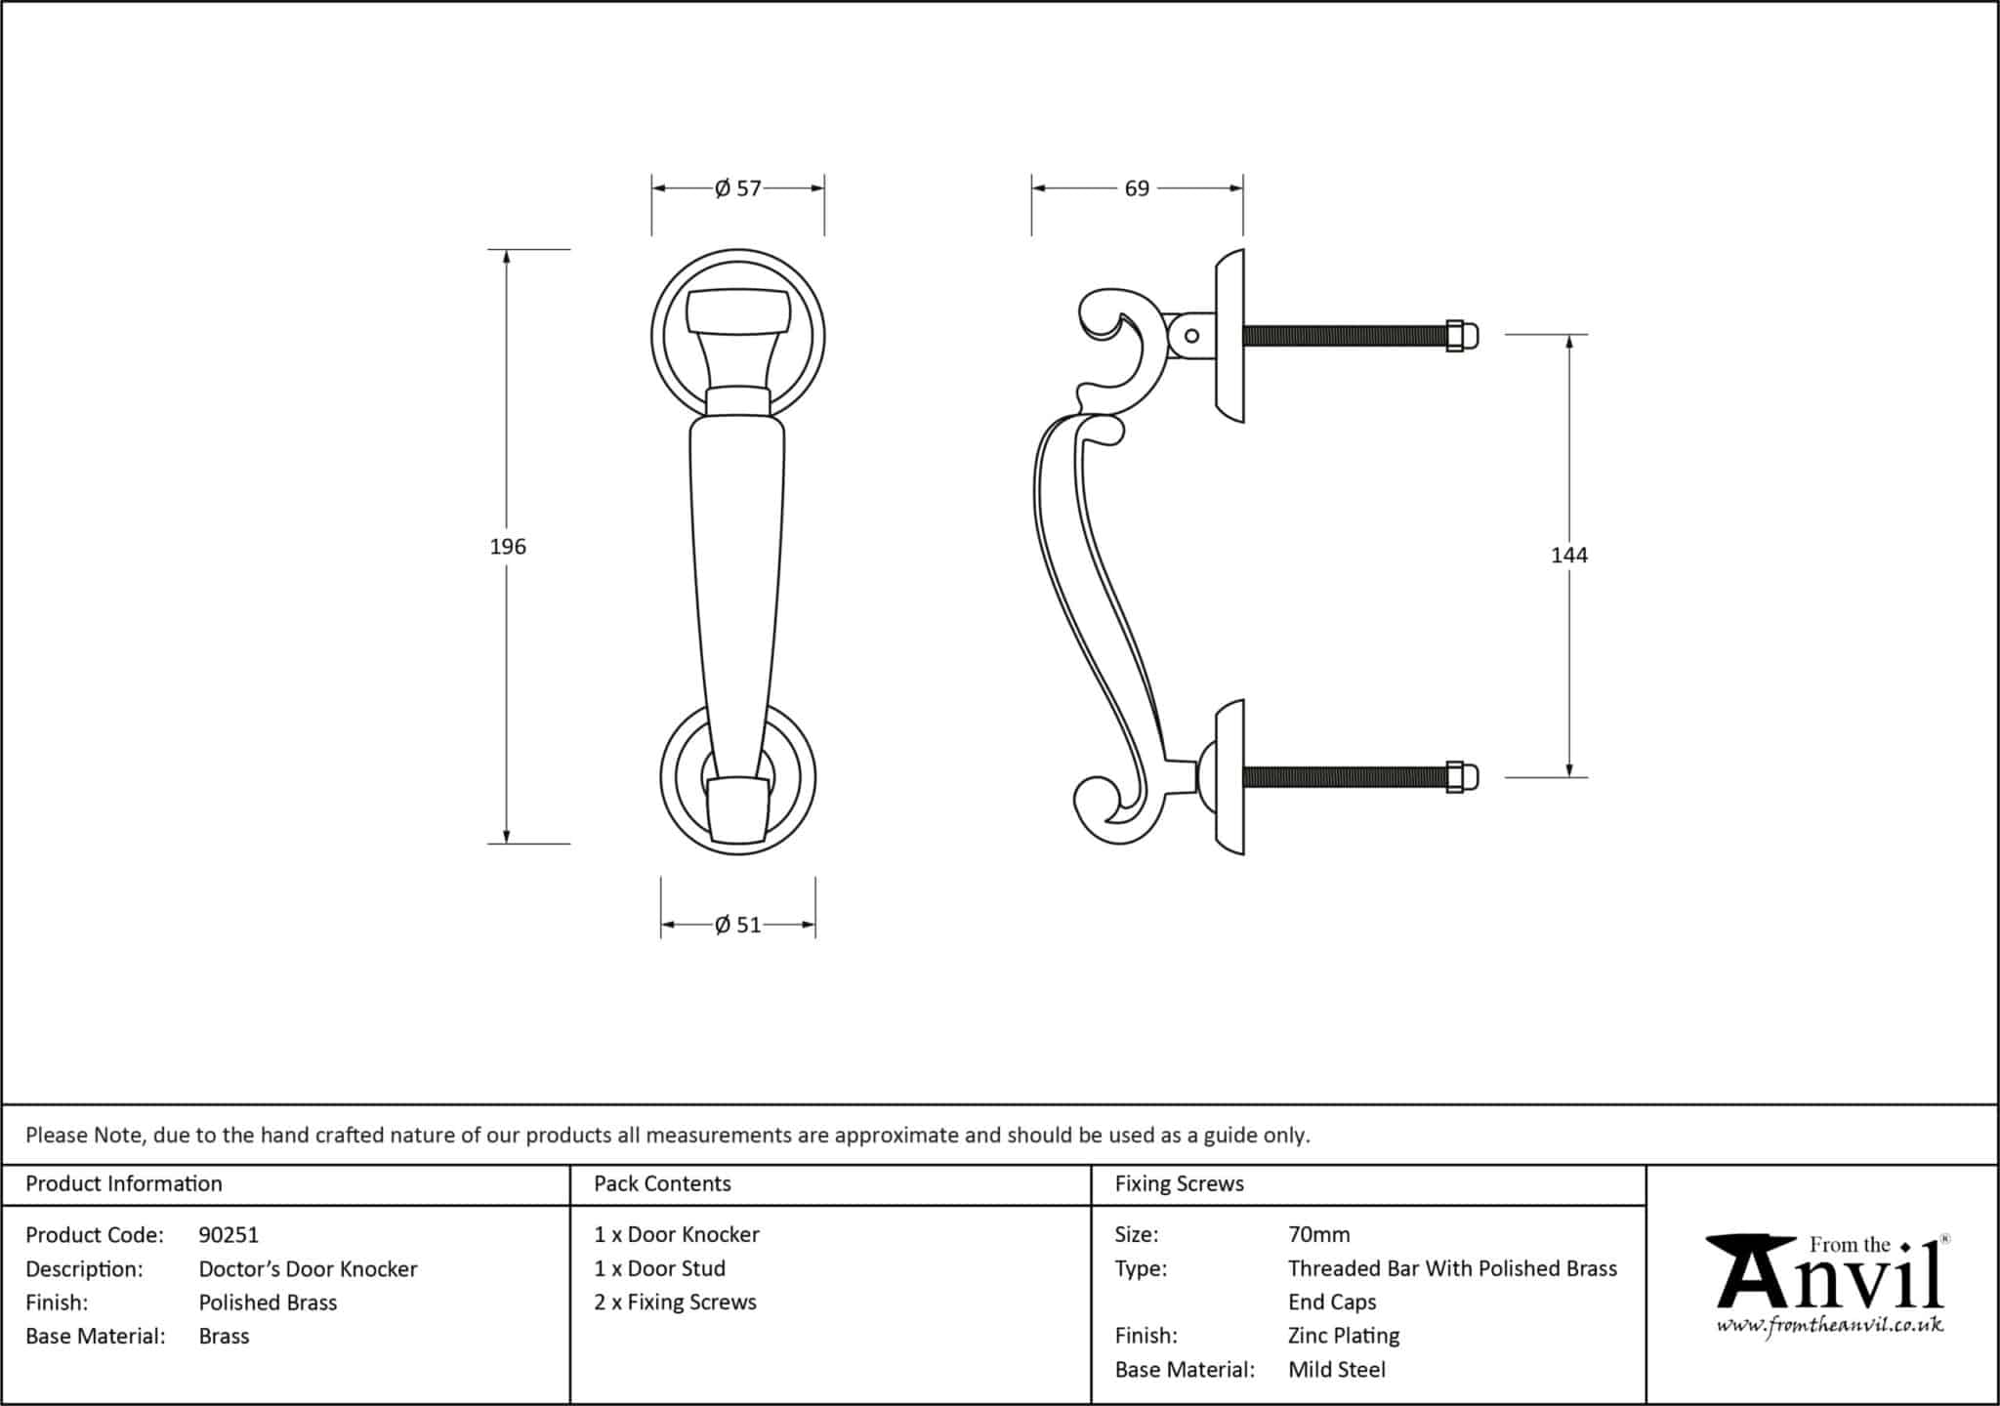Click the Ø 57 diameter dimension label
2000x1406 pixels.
point(737,188)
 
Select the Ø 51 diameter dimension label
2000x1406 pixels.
point(737,925)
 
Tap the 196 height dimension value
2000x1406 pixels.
point(508,547)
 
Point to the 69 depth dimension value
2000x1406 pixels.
point(1137,188)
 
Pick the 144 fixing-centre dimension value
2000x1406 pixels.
point(1568,556)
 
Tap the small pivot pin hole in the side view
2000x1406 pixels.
point(1191,336)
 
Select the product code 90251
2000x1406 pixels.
point(229,1235)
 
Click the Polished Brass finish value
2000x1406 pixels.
point(268,1303)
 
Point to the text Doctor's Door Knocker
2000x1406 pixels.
point(308,1269)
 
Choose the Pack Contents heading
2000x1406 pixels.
point(662,1183)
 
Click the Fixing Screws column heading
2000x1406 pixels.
point(1179,1183)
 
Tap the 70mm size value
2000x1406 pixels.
point(1318,1235)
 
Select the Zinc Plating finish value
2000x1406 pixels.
point(1344,1336)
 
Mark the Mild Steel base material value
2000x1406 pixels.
point(1336,1370)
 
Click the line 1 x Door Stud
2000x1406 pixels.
point(659,1268)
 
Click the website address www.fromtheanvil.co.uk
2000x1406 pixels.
point(1830,1326)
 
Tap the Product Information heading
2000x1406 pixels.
point(124,1183)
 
